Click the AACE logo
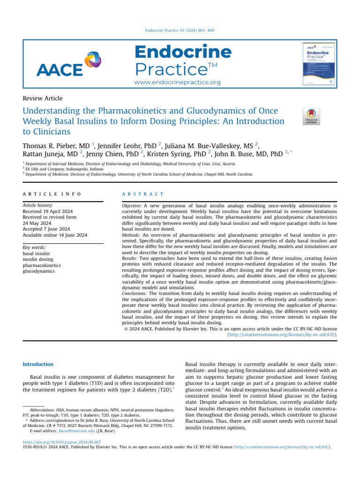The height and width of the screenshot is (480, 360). (61, 65)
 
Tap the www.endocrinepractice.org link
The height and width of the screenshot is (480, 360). (177, 82)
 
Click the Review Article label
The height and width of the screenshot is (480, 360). (43, 98)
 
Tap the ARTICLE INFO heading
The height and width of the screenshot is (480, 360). (52, 194)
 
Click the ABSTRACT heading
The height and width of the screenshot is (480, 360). (142, 194)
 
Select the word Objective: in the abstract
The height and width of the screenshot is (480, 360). (130, 206)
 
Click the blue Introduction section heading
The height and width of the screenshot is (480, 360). (38, 364)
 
